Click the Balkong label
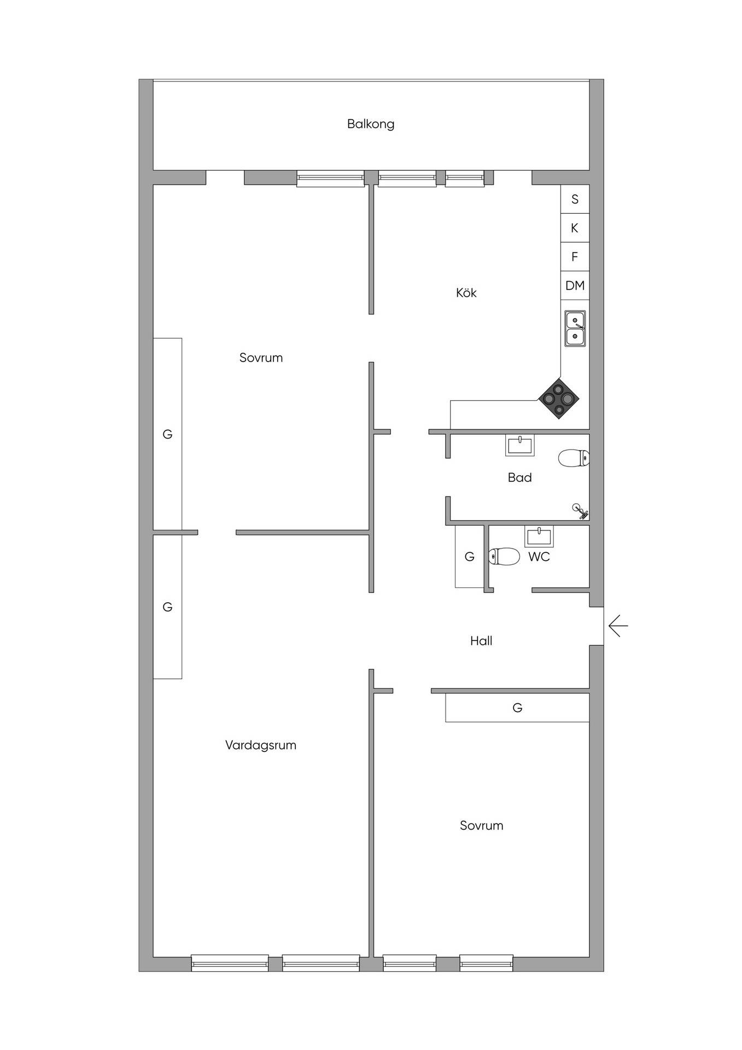[371, 124]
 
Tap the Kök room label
[466, 293]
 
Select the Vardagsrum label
[261, 745]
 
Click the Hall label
[481, 640]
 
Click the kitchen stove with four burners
[559, 399]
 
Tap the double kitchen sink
[575, 328]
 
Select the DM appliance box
[575, 285]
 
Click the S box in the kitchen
[575, 199]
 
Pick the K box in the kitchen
[575, 228]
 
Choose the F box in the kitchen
[575, 256]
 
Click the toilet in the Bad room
[574, 458]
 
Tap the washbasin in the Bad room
[520, 445]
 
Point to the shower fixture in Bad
[580, 511]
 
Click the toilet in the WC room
[504, 556]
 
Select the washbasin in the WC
[539, 536]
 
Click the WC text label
[539, 557]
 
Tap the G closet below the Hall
[517, 708]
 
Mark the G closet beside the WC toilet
[469, 557]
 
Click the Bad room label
[519, 477]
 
